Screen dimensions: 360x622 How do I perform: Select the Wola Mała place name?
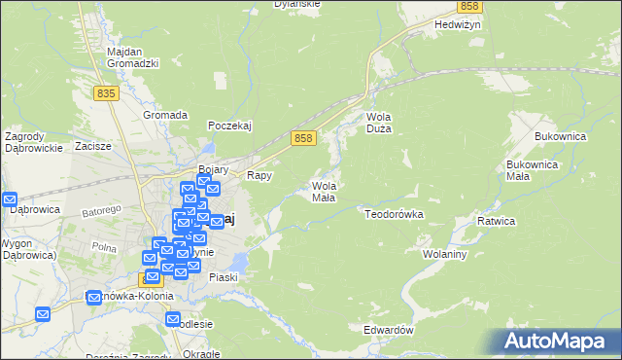[x=324, y=192]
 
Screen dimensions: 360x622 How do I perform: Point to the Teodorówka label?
[x=395, y=212]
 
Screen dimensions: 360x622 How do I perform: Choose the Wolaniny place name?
[x=446, y=254]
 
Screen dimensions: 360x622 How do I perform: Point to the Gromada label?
[x=164, y=115]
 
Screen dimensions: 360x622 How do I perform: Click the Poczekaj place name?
[x=231, y=126]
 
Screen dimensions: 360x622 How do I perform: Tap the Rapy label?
[x=259, y=176]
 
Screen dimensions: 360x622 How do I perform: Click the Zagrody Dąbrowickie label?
[x=33, y=142]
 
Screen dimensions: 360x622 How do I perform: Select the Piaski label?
[x=222, y=277]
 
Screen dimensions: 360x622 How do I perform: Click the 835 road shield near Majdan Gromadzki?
[x=107, y=92]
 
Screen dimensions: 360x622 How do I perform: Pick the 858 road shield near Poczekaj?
[x=303, y=140]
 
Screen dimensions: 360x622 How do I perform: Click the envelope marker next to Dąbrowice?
[x=10, y=198]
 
